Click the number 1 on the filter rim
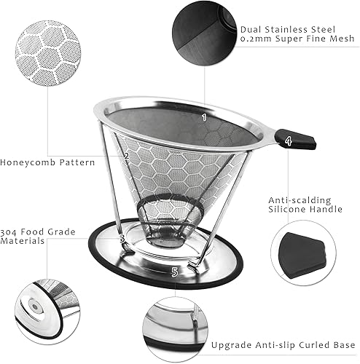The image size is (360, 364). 204,116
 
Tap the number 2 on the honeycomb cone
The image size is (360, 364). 126,155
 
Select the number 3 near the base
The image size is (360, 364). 122,237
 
